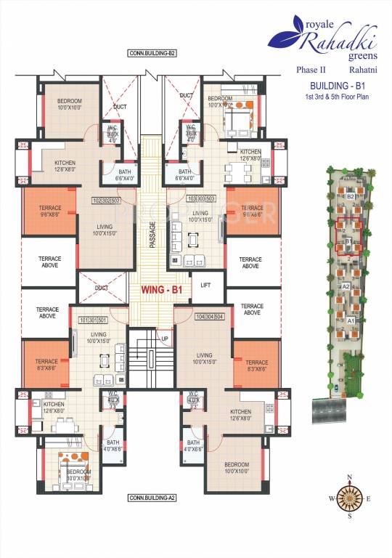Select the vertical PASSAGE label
coord(152,235)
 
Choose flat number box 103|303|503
coord(201,198)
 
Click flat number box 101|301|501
coord(93,320)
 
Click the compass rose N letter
coord(350,477)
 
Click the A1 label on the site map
coord(350,320)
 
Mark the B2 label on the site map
coord(350,196)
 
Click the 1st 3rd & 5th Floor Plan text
coord(335,97)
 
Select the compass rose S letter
coord(350,517)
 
